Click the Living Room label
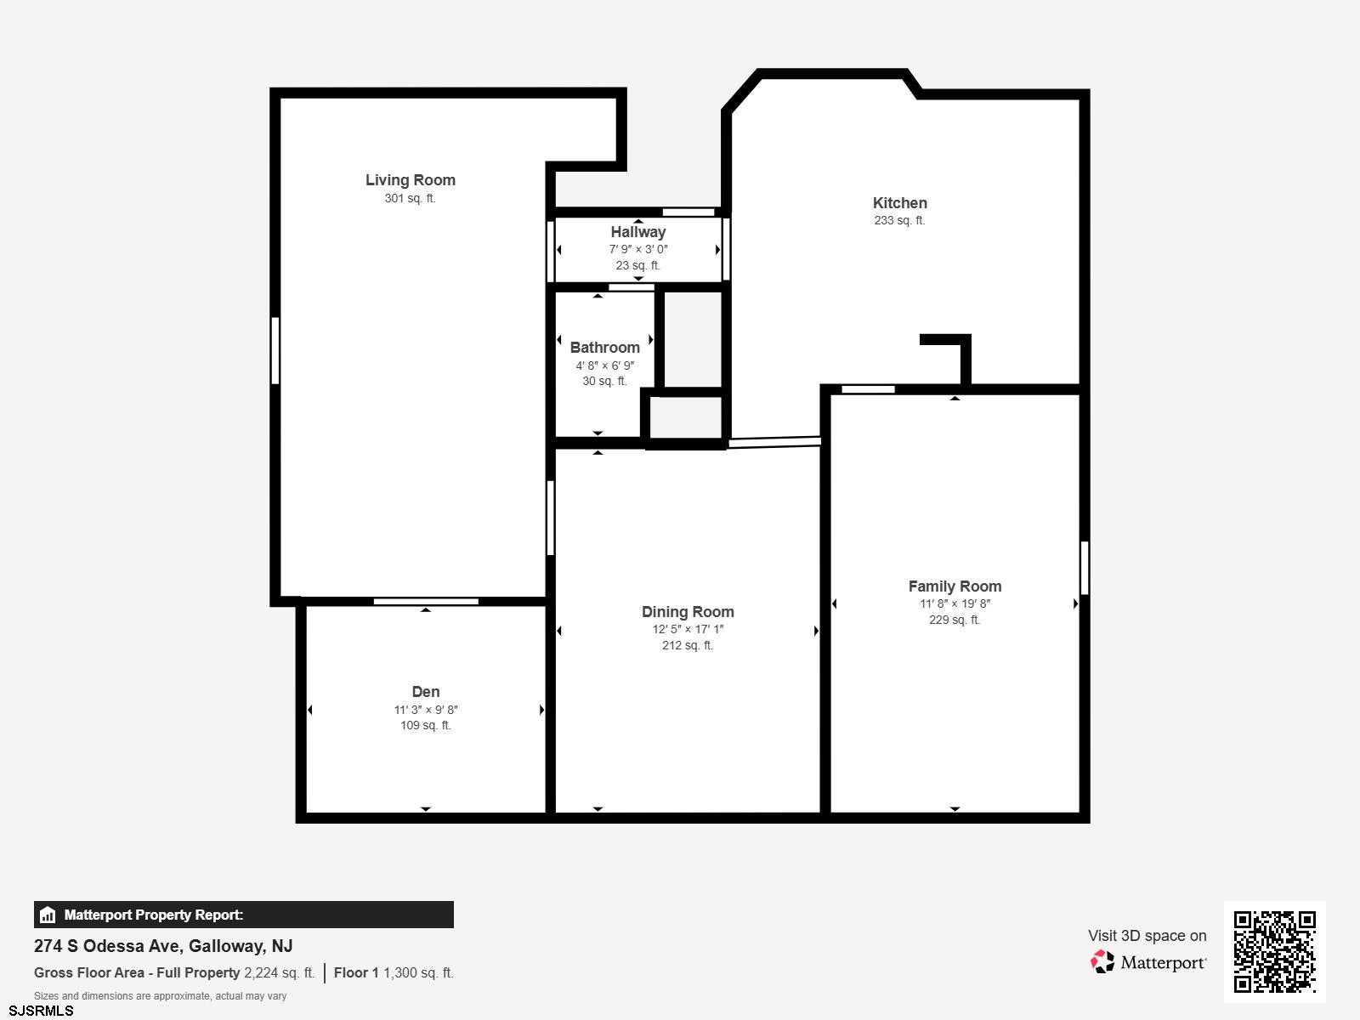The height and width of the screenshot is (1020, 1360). click(411, 180)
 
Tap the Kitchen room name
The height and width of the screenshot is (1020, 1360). click(899, 202)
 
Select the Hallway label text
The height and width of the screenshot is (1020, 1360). click(638, 232)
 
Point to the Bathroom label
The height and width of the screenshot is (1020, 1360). click(604, 348)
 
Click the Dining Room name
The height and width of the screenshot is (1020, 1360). click(688, 612)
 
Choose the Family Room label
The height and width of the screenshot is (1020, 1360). click(955, 586)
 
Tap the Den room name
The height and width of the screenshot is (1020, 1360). click(426, 692)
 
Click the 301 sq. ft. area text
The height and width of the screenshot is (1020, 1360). click(411, 198)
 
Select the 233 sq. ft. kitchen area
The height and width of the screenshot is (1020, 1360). click(899, 220)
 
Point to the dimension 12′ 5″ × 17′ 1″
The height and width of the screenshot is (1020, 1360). click(688, 629)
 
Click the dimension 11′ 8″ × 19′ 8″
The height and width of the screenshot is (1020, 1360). click(955, 603)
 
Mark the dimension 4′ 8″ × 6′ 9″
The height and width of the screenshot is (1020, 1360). click(604, 365)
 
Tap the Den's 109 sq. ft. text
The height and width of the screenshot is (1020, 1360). click(426, 725)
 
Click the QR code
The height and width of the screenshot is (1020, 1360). click(1274, 952)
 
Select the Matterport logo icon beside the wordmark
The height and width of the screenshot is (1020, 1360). click(1102, 962)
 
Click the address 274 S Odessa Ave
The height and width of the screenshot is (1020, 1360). click(106, 946)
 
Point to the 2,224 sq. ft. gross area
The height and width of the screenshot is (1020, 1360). click(279, 973)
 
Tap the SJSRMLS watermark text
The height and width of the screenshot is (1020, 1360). click(41, 1011)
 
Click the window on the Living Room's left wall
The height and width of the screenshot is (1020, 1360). click(275, 350)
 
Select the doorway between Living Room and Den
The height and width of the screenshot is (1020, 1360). click(426, 601)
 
